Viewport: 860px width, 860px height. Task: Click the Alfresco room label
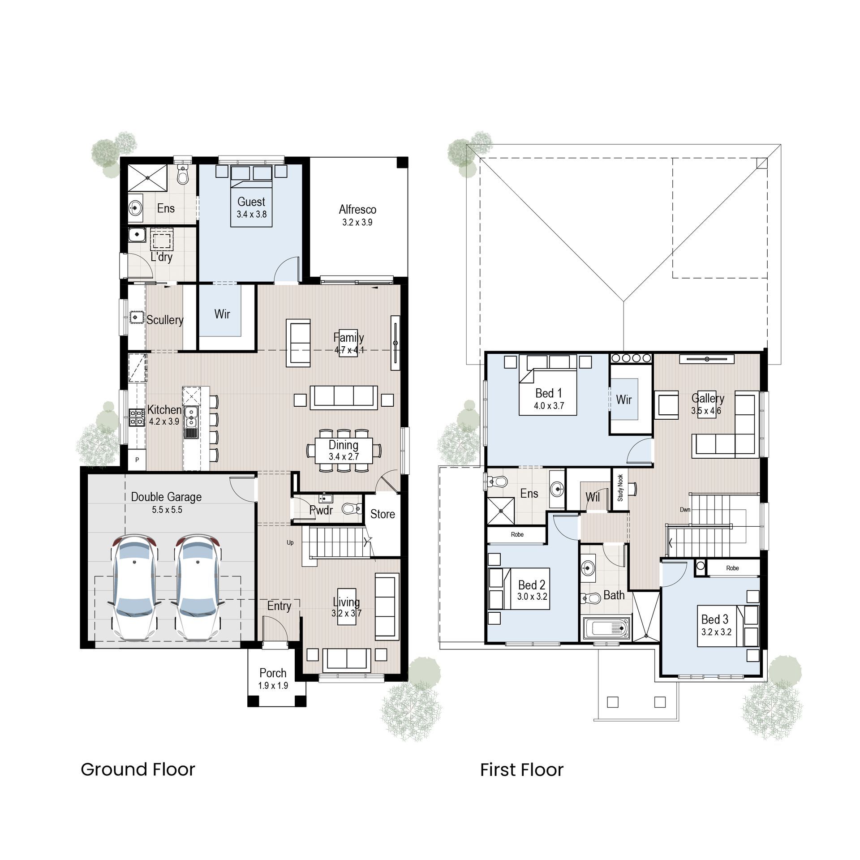[x=357, y=209]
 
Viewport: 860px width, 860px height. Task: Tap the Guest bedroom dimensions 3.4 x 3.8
[x=252, y=214]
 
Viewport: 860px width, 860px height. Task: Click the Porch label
[x=273, y=673]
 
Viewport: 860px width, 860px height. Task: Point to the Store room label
[x=383, y=514]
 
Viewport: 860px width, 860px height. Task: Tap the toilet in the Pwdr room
[x=351, y=508]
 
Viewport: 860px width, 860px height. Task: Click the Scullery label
[x=165, y=320]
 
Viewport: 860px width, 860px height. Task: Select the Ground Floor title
[x=138, y=770]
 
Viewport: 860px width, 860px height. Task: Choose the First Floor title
[x=522, y=770]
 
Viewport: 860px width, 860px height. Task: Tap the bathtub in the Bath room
[x=607, y=628]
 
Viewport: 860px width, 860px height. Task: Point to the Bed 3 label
[x=715, y=619]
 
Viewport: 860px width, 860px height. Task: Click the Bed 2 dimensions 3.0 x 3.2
[x=532, y=597]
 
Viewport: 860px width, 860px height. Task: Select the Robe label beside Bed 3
[x=733, y=568]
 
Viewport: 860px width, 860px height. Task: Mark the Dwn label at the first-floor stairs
[x=685, y=510]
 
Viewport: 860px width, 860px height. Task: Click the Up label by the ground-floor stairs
[x=290, y=542]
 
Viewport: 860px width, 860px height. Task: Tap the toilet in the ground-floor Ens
[x=182, y=174]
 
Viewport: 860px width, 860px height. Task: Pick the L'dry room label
[x=161, y=257]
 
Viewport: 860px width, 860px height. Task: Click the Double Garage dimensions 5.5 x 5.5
[x=167, y=510]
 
